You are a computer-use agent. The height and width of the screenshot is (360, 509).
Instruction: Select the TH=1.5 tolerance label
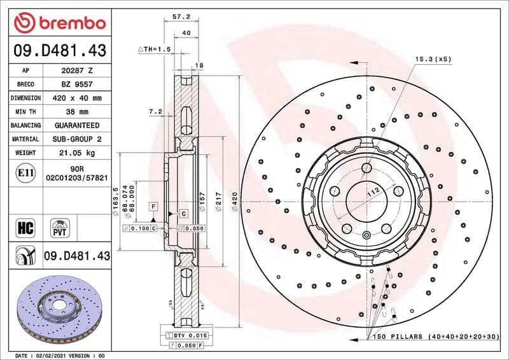pyautogui.click(x=155, y=49)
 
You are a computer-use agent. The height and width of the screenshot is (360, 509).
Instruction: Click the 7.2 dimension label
pyautogui.click(x=155, y=111)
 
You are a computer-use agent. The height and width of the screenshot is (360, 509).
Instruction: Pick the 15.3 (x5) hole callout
pyautogui.click(x=433, y=59)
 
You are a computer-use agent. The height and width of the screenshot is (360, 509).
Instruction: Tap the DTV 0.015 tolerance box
pyautogui.click(x=186, y=335)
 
